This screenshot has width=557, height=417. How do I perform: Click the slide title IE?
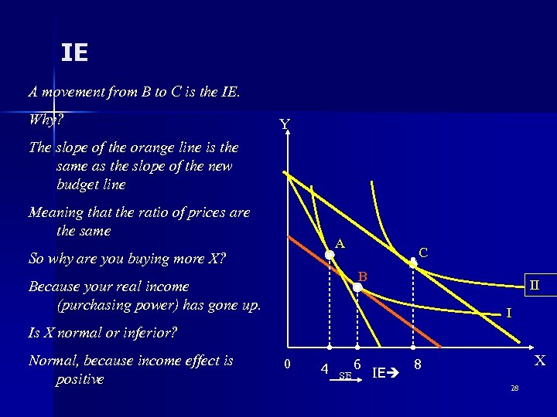tap(75, 53)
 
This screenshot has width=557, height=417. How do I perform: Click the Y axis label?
tap(285, 125)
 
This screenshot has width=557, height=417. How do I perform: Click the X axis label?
tap(540, 361)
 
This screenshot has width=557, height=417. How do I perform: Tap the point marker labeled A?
tap(329, 253)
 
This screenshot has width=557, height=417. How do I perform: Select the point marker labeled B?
tap(357, 287)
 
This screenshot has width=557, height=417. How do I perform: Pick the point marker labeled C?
tap(413, 263)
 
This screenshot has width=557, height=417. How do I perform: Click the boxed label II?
tap(535, 285)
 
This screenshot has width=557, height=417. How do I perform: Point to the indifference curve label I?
tap(508, 313)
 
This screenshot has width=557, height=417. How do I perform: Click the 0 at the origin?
tap(287, 364)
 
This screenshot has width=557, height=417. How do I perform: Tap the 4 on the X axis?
tap(324, 368)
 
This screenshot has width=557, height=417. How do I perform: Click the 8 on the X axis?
tap(417, 364)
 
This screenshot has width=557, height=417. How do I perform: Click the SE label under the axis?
tap(345, 375)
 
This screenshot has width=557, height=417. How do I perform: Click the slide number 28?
tap(514, 387)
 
